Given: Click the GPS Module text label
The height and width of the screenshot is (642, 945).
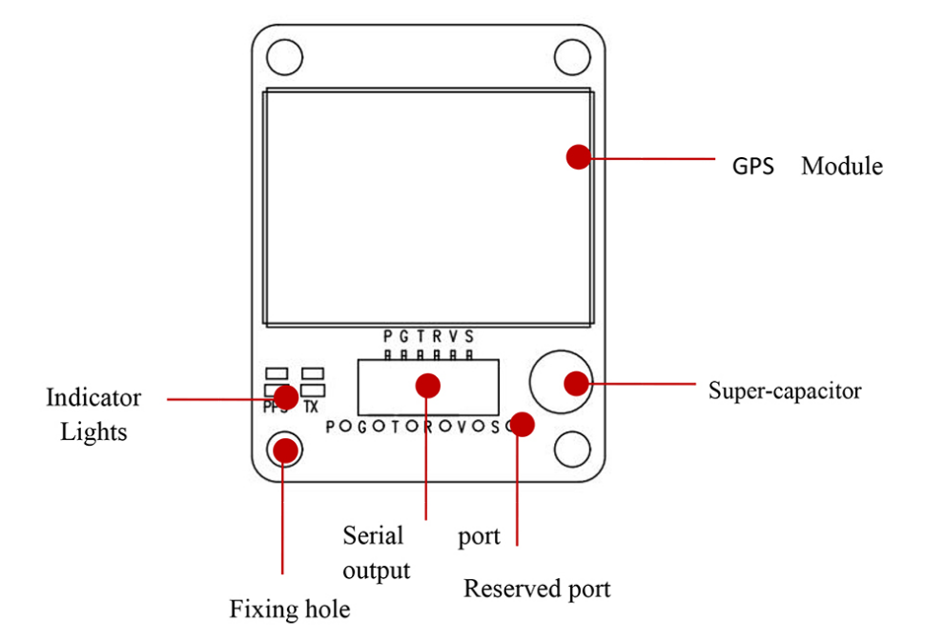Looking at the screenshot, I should (807, 166).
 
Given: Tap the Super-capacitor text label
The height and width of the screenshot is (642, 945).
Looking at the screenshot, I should (784, 391).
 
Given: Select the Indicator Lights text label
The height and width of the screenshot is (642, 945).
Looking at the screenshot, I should (93, 414).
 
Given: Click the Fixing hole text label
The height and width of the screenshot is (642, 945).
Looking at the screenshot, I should (289, 609).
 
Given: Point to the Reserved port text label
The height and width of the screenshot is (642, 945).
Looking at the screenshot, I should (537, 589).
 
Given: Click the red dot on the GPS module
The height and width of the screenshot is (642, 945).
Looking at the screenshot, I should (578, 157).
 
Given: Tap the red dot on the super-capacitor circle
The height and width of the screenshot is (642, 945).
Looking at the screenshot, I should (576, 383).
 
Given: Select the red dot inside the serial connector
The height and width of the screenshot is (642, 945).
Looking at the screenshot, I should (428, 385).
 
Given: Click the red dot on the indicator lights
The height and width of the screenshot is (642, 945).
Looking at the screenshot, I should (285, 397).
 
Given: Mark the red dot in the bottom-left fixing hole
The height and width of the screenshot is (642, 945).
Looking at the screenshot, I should (284, 449).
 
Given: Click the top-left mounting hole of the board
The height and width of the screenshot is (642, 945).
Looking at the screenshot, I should (284, 58).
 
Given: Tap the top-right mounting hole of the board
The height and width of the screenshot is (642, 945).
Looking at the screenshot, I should (572, 56).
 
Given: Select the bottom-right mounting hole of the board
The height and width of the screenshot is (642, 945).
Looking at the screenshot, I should (572, 449).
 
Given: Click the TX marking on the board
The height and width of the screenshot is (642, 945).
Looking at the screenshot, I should (310, 408).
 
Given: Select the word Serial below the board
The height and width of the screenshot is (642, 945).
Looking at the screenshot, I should (373, 535).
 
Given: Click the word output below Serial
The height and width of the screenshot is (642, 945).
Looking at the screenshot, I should (376, 571).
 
